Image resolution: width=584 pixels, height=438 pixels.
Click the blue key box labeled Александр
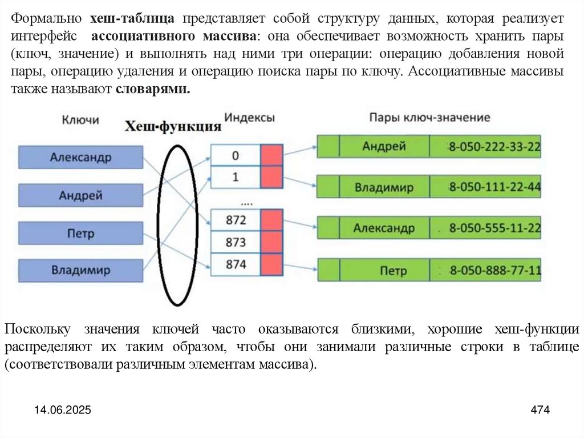[x=80, y=157]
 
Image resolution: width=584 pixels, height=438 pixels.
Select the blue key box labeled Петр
[x=80, y=234]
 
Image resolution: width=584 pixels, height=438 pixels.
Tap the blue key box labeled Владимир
[x=80, y=270]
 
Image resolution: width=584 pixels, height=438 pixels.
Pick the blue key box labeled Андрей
[x=80, y=195]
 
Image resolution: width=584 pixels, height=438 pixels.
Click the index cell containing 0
[x=236, y=155]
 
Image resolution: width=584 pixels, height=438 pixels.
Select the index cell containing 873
[x=236, y=242]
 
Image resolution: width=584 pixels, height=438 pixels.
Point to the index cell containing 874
[x=236, y=264]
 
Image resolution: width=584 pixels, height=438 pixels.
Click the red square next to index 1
[x=271, y=177]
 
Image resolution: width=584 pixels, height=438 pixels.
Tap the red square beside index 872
[x=271, y=220]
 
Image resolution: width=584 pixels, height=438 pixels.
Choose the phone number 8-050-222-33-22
[x=494, y=147]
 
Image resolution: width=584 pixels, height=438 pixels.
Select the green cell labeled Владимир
[x=384, y=187]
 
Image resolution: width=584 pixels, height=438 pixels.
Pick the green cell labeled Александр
[x=384, y=228]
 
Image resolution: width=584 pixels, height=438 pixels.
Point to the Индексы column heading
[x=249, y=117]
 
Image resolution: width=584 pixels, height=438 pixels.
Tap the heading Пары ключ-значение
[x=429, y=118]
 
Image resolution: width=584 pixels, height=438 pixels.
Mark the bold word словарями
[x=152, y=90]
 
